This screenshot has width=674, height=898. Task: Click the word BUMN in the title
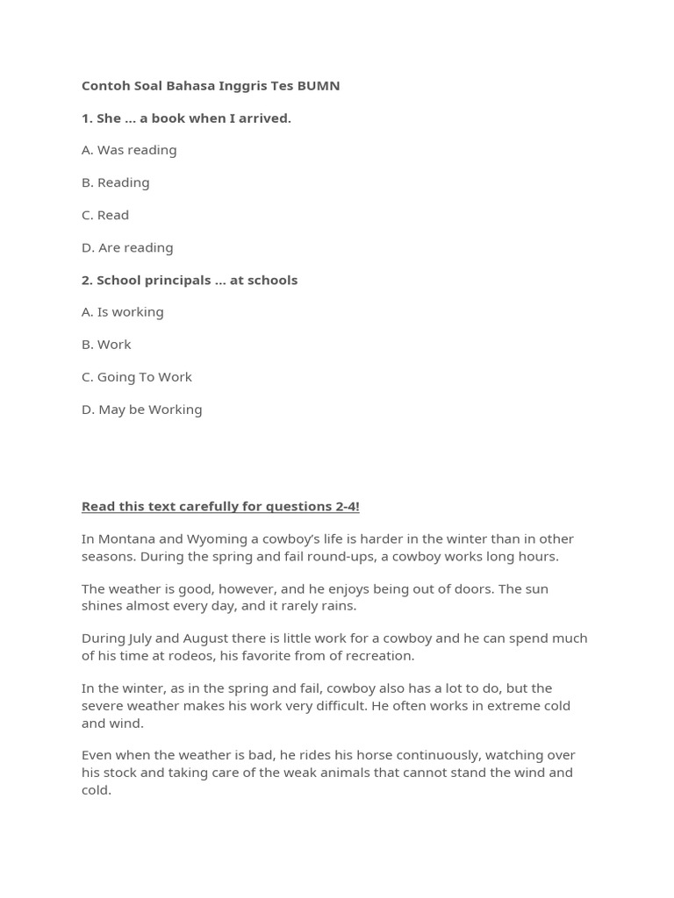pos(318,85)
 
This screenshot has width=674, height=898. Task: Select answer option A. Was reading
pos(129,150)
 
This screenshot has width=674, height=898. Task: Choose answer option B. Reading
pos(116,182)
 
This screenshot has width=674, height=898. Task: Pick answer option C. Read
pos(105,215)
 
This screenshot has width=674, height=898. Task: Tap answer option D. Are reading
pos(127,247)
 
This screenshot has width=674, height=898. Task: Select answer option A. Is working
pos(123,311)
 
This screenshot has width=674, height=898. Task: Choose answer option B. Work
pos(106,344)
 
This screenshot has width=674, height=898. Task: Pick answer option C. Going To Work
pos(137,376)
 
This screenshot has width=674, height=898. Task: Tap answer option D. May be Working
pos(142,409)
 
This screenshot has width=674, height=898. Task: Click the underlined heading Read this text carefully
pos(220,506)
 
